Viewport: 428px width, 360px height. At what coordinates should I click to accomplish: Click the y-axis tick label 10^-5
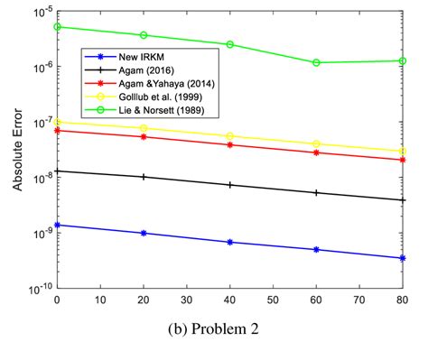point(40,12)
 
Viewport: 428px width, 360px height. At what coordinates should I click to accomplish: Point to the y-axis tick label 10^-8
point(40,178)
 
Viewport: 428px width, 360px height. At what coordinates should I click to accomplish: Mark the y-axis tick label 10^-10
point(39,289)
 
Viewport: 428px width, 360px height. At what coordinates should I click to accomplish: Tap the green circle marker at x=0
point(57,26)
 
